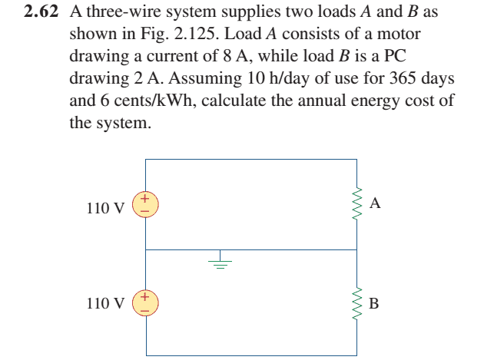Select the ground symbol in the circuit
tap(220, 262)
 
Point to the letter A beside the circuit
tap(375, 203)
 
